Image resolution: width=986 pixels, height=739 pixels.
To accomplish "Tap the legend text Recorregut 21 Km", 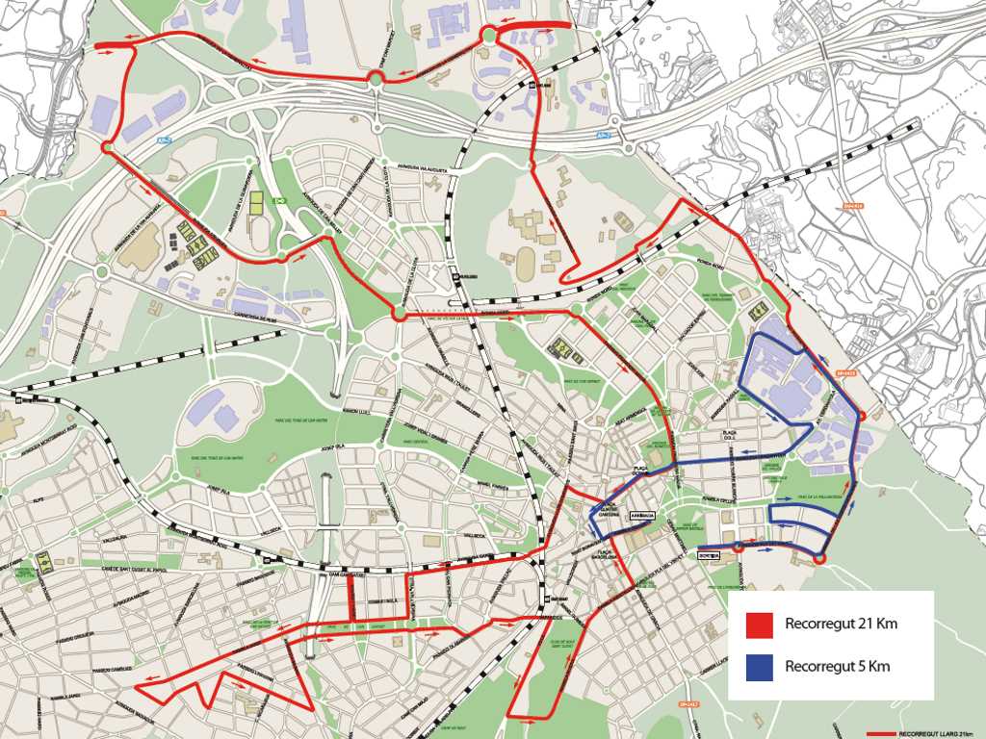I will (841, 624).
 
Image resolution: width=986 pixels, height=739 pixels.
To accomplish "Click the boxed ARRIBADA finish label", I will (642, 516).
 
